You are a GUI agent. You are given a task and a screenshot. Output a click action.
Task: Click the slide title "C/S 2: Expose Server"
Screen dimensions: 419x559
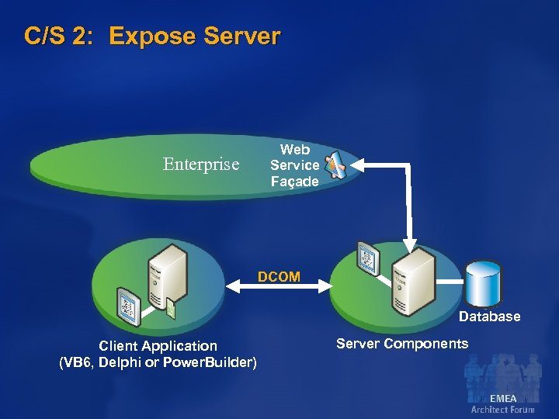[x=152, y=36]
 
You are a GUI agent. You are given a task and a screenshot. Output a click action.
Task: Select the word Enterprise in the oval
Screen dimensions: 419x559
[x=201, y=164]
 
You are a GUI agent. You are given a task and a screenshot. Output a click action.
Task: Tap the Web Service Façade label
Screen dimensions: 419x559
[x=294, y=165]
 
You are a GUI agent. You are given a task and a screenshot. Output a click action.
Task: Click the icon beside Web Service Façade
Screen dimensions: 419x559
[x=338, y=163]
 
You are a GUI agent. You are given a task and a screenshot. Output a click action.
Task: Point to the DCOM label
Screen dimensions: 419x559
[x=279, y=277]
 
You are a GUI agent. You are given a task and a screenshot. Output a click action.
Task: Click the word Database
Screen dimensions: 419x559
[x=489, y=317]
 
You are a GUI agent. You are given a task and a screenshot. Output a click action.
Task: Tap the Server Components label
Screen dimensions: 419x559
[x=402, y=344]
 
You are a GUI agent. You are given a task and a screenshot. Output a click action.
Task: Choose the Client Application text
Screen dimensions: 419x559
[x=158, y=346]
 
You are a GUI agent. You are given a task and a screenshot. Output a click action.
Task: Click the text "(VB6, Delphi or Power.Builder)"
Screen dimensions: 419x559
[x=158, y=362]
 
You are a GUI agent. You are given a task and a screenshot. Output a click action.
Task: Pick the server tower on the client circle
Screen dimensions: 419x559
[x=168, y=276]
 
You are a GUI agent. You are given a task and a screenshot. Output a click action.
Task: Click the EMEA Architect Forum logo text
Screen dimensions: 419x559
[x=502, y=403]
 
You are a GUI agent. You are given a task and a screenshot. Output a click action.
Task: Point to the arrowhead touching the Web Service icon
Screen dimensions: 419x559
[x=359, y=164]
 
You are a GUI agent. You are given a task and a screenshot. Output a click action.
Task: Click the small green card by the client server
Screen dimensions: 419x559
[x=172, y=309]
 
